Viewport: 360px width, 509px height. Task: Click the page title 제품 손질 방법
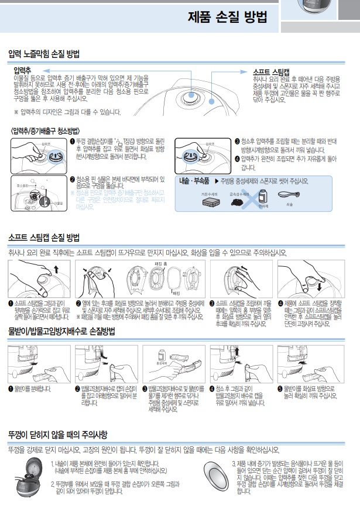(x=227, y=18)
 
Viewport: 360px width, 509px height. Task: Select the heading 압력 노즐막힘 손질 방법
(x=44, y=54)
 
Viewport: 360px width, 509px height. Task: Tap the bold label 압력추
(x=23, y=70)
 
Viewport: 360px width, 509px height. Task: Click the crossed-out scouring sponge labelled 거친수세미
(x=209, y=202)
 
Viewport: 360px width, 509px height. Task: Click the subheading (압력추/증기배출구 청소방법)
(x=45, y=130)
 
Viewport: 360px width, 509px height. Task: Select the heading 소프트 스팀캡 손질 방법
(x=44, y=238)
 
